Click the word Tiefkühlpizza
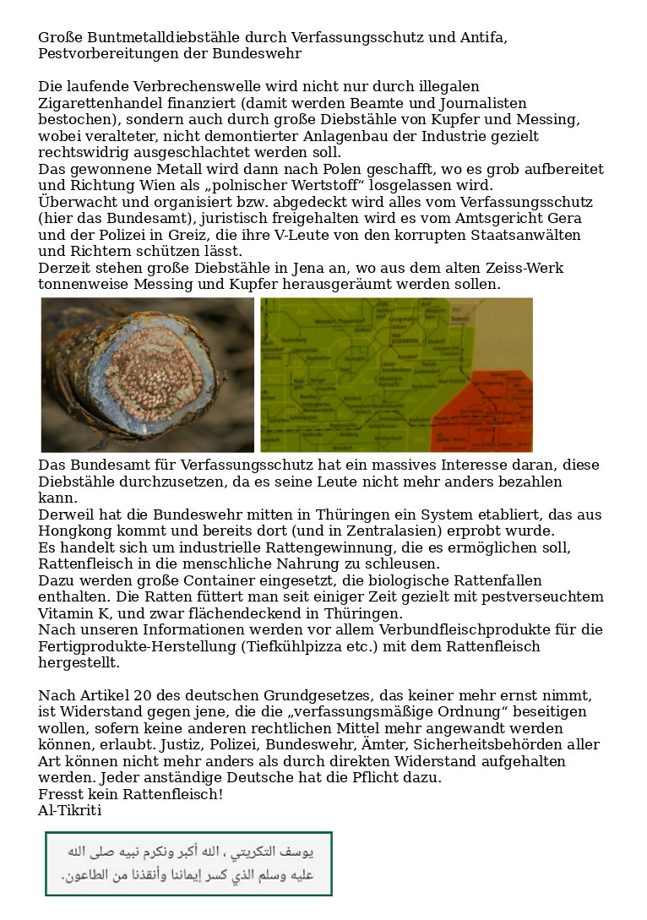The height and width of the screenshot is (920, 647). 296,647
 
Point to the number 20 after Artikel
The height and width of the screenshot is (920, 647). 143,696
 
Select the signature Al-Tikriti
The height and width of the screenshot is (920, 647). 70,811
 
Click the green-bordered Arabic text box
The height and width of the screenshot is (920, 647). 188,863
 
